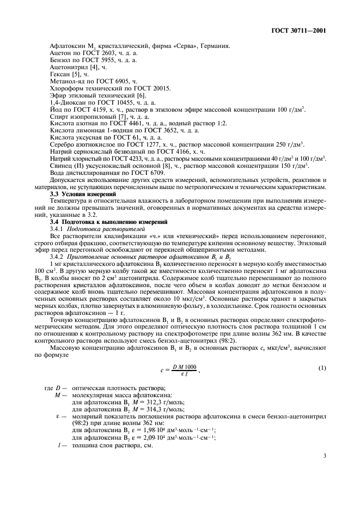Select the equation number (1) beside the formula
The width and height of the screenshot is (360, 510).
click(322, 368)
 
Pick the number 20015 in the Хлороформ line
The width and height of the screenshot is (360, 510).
click(160, 87)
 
